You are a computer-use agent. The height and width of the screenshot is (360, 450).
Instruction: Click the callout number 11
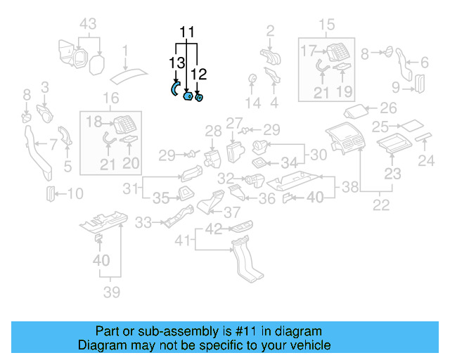[x=186, y=32]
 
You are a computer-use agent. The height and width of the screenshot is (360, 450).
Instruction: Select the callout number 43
[x=88, y=24]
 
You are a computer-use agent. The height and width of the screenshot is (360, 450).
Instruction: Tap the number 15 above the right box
[x=327, y=25]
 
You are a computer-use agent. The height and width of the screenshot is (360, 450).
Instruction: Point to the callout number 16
[x=111, y=98]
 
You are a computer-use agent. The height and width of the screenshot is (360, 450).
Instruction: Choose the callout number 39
[x=112, y=292]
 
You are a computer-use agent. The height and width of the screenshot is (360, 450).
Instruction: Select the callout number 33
[x=143, y=223]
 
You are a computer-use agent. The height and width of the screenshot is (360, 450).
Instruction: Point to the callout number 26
[x=388, y=108]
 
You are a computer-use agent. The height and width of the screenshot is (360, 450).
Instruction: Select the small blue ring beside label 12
[x=200, y=98]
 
